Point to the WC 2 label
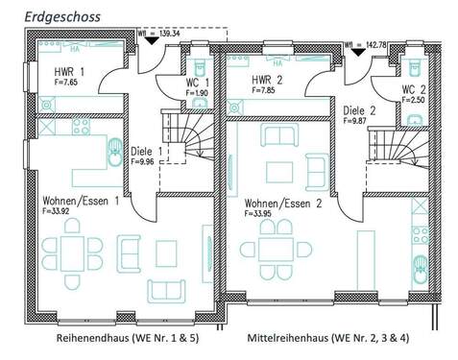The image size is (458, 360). [416, 89]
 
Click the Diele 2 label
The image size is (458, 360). [360, 109]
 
